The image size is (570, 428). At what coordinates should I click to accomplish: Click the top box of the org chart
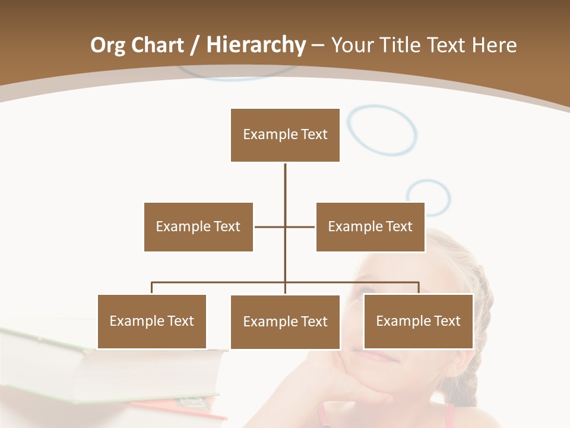285,135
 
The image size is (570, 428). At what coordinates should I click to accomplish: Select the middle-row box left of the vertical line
198,226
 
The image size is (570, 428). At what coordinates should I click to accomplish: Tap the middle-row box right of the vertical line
370,226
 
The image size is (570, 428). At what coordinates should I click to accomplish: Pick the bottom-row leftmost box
152,321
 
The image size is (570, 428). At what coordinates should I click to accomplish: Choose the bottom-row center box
285,322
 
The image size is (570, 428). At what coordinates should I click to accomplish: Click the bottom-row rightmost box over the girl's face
418,321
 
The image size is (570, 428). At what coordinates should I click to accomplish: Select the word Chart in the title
157,45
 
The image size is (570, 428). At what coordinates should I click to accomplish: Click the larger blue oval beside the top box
382,130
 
